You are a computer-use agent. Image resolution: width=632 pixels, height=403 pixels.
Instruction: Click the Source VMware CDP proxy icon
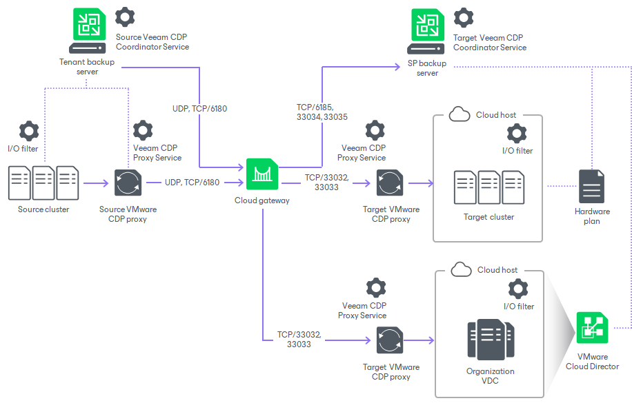(128, 184)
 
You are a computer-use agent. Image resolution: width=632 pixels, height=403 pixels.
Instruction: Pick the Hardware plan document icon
(592, 187)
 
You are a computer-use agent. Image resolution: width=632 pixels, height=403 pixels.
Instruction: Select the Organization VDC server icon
(490, 340)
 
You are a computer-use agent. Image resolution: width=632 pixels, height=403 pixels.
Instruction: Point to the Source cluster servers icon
(43, 184)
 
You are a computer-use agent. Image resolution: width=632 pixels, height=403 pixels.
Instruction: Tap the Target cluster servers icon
(488, 187)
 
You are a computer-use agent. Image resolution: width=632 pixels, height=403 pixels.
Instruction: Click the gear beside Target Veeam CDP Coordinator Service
(464, 17)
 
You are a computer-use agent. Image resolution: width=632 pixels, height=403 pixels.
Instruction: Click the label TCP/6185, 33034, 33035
(322, 112)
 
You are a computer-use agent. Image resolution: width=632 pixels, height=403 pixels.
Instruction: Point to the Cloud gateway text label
(262, 200)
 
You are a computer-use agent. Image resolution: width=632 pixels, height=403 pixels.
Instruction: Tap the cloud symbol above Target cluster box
(460, 114)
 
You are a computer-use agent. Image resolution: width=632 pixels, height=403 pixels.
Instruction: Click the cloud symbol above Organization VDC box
(461, 269)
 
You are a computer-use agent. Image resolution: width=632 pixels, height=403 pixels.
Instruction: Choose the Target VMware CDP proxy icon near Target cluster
(390, 184)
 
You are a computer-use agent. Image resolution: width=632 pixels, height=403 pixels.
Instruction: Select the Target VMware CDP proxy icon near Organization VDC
(390, 340)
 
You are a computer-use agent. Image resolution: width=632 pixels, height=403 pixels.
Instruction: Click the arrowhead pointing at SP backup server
(397, 67)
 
